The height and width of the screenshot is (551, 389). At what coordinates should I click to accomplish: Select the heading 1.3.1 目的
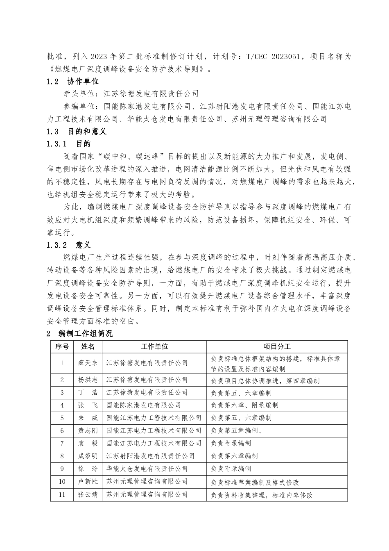coord(69,144)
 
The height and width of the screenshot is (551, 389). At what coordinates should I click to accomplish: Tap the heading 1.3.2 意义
coord(69,245)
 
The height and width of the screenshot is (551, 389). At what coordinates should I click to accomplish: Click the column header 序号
coord(62,346)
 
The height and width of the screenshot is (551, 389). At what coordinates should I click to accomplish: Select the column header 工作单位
coord(154,346)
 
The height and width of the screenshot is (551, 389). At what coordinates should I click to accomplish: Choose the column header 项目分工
coord(277,346)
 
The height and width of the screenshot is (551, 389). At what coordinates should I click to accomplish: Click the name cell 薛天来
coord(88,363)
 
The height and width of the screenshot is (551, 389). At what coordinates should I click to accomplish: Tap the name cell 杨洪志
coord(88,380)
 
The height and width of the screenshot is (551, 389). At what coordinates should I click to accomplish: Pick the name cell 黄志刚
coord(88,430)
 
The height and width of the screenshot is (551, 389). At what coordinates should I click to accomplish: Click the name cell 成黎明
coord(88,456)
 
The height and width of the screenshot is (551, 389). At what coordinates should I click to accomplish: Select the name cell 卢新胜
coord(88,482)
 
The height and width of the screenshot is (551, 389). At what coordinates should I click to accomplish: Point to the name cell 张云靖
coord(88,494)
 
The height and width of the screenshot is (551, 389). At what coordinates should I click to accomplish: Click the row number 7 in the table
coord(62,443)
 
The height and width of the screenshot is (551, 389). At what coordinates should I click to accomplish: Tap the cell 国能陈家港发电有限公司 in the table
coord(143,405)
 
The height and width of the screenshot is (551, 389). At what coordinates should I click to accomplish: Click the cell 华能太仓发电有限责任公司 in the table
coord(147,469)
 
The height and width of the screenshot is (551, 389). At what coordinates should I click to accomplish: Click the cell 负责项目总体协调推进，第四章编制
coord(265,381)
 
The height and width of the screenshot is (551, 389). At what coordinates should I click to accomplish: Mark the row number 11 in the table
coord(62,494)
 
